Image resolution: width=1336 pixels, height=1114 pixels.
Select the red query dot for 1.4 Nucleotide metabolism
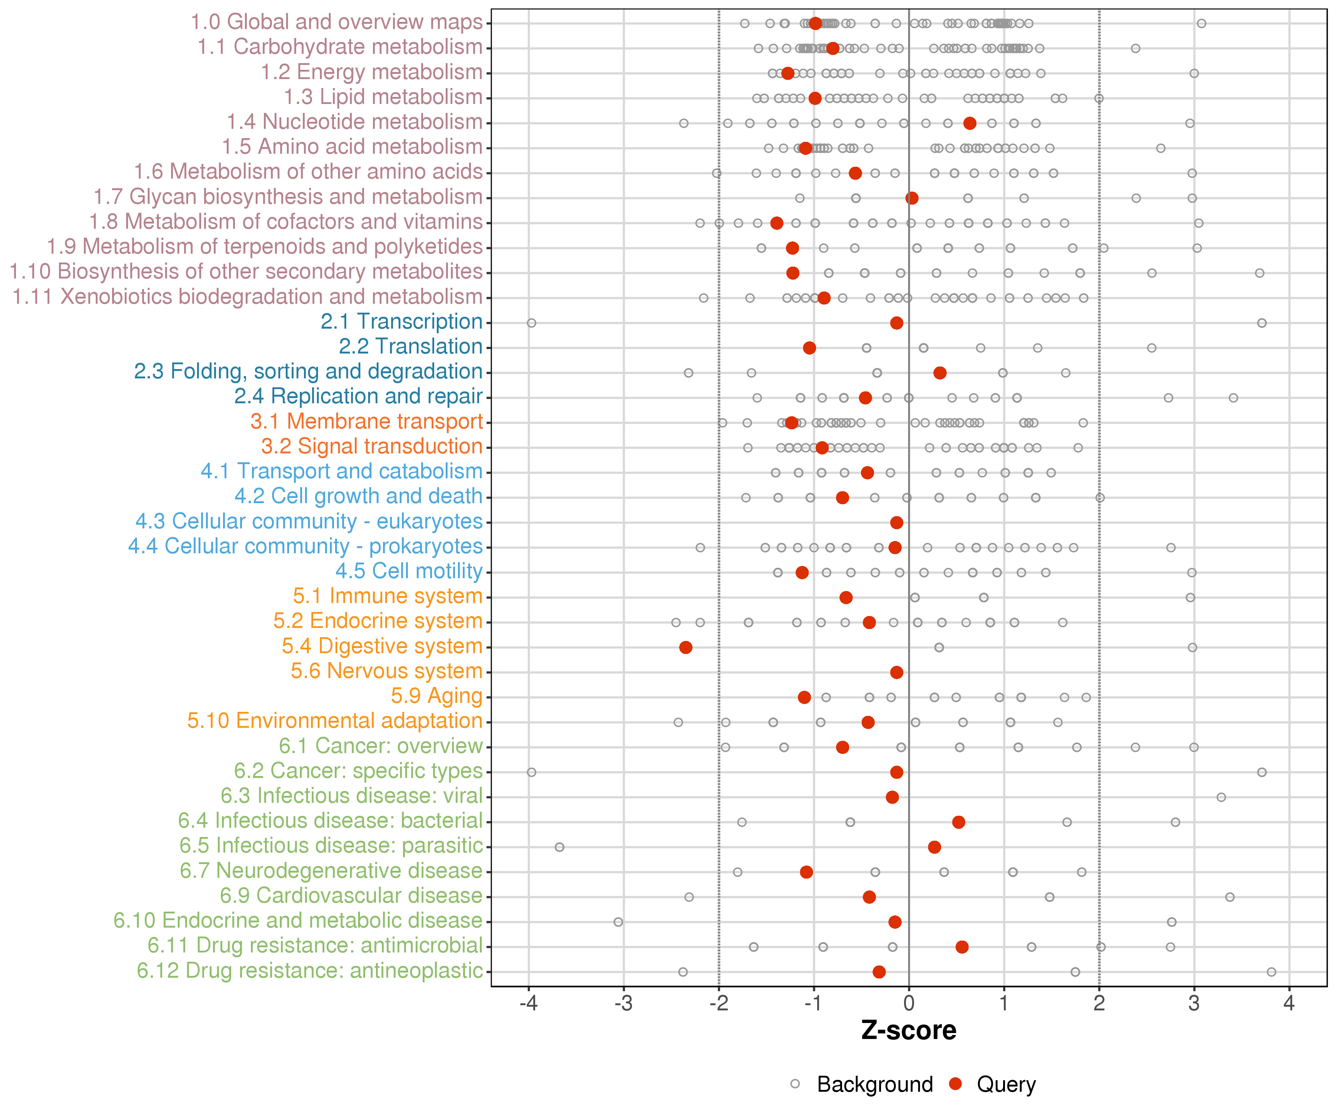point(970,123)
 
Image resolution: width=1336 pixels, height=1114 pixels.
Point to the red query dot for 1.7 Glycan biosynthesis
point(912,198)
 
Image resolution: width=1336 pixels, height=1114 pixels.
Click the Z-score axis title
point(909,1030)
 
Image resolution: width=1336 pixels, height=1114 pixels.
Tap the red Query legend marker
point(955,1084)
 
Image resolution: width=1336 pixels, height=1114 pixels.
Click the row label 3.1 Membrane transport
point(366,421)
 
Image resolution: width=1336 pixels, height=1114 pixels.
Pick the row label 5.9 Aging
point(436,696)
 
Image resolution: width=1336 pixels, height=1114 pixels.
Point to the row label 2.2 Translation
point(410,346)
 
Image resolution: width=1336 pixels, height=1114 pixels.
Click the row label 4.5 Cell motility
point(409,571)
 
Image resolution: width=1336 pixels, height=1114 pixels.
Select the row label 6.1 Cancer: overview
point(380,746)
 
